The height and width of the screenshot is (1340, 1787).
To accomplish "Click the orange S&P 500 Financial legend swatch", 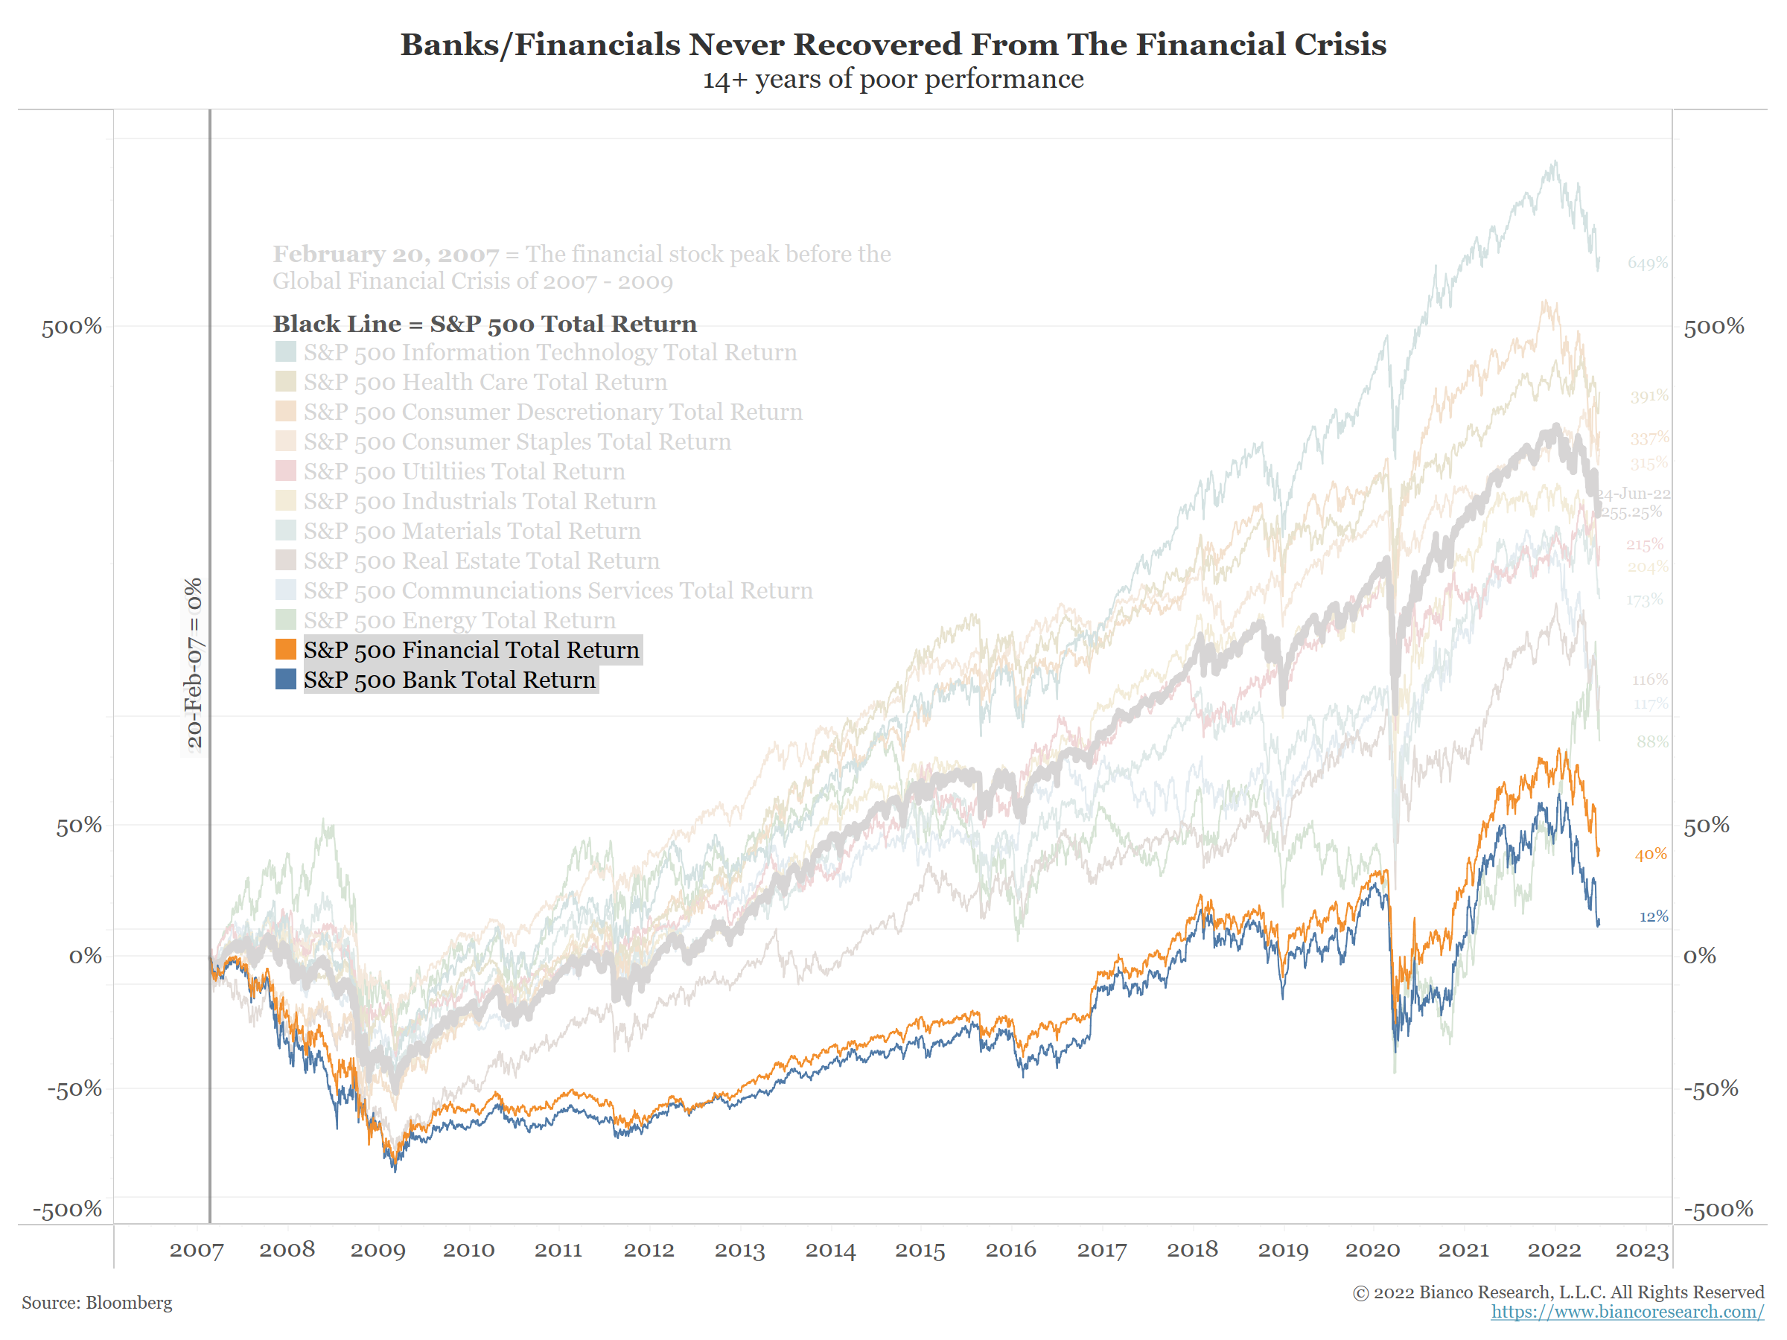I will coord(285,649).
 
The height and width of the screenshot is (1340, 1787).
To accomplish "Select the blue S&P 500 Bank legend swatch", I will coord(285,679).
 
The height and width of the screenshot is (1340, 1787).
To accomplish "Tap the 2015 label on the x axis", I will coord(920,1251).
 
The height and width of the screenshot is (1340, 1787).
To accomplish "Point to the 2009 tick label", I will coord(378,1251).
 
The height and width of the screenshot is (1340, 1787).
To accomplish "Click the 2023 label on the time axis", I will coord(1642,1251).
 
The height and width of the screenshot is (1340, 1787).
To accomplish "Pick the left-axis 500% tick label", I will coord(72,327).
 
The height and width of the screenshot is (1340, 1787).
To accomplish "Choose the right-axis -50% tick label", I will coord(1710,1089).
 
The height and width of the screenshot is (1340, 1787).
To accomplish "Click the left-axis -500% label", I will coord(67,1209).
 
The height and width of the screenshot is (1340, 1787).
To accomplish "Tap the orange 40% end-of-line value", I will coord(1650,855).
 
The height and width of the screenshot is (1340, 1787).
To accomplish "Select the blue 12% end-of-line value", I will coord(1653,916).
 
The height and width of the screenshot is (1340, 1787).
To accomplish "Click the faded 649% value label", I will coord(1647,264).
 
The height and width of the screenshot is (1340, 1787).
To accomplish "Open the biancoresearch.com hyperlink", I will coord(1627,1312).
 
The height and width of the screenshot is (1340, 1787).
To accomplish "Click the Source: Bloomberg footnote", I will coord(97,1303).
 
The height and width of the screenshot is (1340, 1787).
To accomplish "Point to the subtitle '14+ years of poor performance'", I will coord(893,79).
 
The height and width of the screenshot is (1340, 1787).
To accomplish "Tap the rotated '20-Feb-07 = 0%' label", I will coord(194,663).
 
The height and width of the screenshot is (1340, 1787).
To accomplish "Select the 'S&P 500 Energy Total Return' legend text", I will coord(459,620).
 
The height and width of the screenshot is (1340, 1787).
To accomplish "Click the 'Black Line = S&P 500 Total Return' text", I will coord(485,324).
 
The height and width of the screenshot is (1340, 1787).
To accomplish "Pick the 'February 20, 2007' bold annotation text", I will coord(386,255).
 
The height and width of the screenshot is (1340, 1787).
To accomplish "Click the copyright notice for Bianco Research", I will coord(1558,1292).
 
